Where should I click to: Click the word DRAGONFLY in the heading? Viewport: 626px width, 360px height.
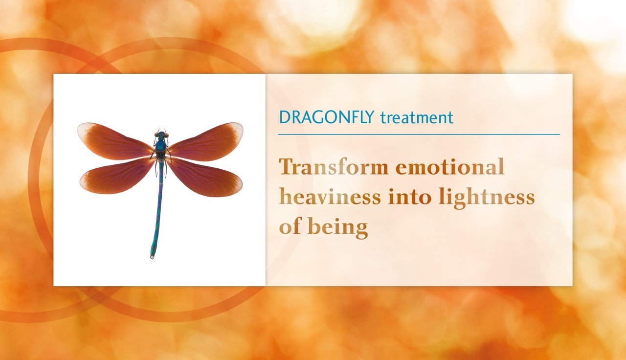(327, 117)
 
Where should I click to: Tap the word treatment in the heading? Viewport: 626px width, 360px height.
(417, 118)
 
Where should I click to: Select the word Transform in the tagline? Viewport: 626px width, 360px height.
(334, 167)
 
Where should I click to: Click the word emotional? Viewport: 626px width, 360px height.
(450, 167)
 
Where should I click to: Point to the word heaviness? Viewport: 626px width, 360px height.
(330, 197)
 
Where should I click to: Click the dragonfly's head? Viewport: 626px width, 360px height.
(161, 135)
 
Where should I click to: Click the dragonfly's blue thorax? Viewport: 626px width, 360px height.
(161, 146)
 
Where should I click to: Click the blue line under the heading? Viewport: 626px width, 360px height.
(419, 135)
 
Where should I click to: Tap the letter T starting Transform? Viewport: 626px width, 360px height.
(287, 167)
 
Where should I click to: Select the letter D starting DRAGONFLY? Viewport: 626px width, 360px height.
(285, 117)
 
